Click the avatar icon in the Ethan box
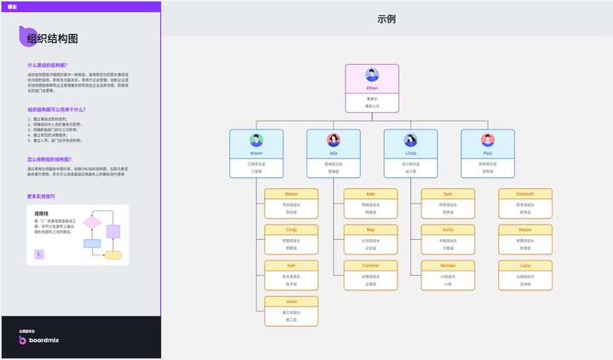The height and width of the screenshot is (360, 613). click(371, 74)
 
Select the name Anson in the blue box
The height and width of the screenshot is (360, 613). click(256, 153)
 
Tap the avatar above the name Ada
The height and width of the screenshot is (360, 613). click(334, 140)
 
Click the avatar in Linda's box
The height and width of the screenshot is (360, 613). click(410, 140)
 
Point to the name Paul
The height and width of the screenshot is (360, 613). click(488, 153)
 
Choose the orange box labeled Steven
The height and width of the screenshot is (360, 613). click(291, 194)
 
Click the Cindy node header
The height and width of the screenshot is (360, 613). click(291, 230)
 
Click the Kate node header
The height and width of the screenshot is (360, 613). click(370, 194)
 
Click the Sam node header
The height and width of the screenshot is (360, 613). click(448, 194)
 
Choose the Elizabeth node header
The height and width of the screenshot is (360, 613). click(525, 194)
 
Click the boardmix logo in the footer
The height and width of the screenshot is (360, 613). click(39, 340)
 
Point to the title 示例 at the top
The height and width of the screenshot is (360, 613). click(386, 19)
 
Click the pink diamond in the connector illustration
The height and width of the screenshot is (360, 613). click(92, 224)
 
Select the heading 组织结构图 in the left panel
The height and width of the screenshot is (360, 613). click(53, 38)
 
